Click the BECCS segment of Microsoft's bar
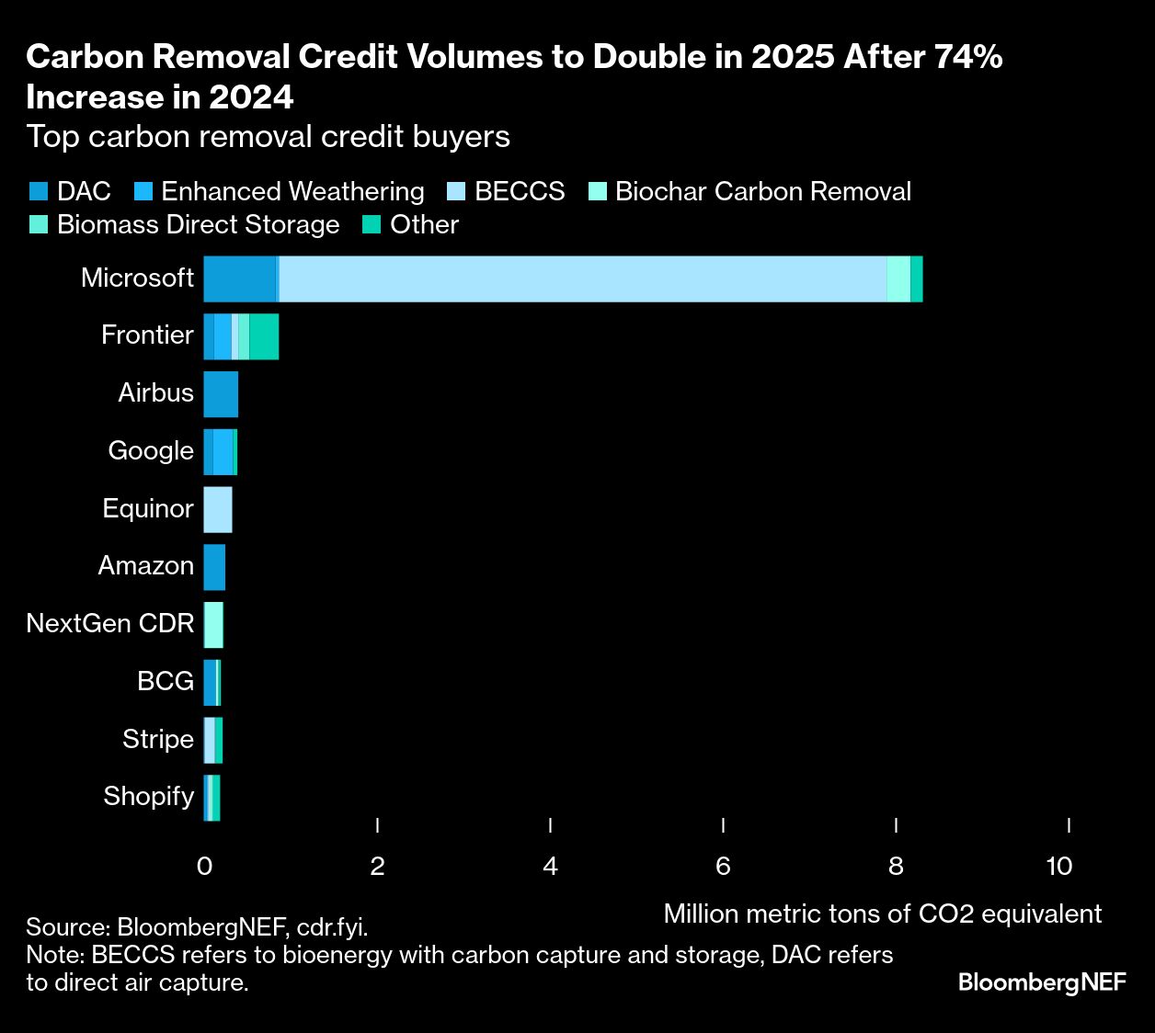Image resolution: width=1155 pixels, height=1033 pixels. (x=582, y=278)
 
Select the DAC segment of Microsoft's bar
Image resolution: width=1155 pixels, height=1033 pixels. (x=238, y=278)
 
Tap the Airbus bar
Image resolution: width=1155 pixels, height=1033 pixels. (x=221, y=394)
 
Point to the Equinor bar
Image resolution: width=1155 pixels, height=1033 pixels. (x=218, y=510)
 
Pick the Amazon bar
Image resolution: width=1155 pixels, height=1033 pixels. (x=214, y=567)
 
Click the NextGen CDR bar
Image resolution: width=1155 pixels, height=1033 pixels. (x=213, y=625)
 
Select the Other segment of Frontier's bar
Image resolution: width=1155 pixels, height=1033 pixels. (x=264, y=336)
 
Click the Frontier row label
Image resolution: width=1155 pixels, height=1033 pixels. (x=147, y=335)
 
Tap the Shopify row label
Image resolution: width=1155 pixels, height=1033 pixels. (x=148, y=796)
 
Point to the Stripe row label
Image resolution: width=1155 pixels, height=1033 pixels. (x=157, y=739)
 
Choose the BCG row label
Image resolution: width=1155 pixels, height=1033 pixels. (x=166, y=681)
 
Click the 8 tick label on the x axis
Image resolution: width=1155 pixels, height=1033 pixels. (x=896, y=866)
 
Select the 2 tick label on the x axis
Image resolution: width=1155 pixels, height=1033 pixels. (x=377, y=866)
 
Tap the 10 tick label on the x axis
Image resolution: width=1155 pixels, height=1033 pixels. (x=1059, y=866)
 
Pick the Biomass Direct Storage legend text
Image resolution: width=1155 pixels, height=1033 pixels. (x=198, y=225)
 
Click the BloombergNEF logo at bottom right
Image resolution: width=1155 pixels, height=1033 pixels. (x=1042, y=982)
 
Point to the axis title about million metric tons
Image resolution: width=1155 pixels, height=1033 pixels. (x=882, y=914)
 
